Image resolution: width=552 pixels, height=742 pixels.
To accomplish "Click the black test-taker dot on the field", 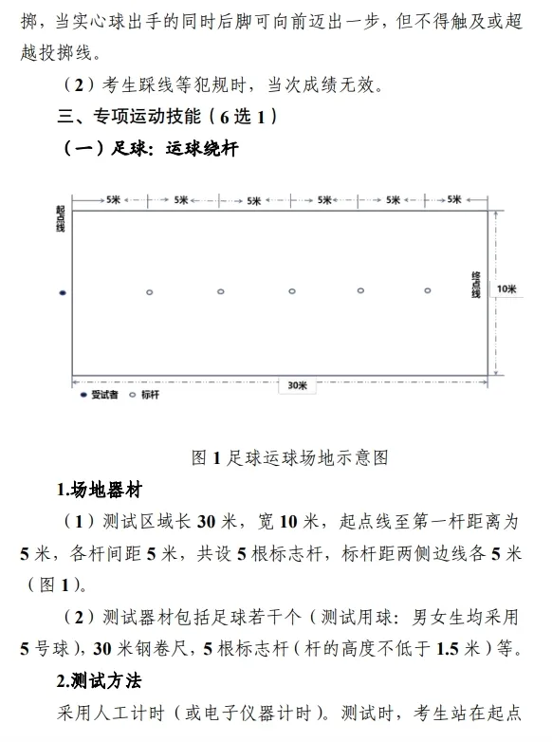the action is coord(63,292).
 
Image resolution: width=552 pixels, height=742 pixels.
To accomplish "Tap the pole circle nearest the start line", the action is coord(150,292).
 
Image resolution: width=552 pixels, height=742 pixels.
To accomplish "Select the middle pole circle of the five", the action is coord(291,291).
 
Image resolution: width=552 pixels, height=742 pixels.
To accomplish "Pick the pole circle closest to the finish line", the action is coord(428,290).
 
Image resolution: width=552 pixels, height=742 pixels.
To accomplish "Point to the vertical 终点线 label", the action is coord(476,285).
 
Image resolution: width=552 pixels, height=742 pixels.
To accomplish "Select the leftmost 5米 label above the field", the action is coord(113,200).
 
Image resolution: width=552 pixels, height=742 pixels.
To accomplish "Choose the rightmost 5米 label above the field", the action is coord(454,200).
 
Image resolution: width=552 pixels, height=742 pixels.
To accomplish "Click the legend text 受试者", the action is coord(103,395).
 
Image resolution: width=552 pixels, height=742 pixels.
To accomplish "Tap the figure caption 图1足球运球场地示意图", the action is coord(289,457).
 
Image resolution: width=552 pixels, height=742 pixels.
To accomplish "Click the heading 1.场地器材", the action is coord(100,491).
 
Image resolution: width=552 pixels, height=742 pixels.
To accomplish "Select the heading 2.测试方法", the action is coord(100,682).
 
